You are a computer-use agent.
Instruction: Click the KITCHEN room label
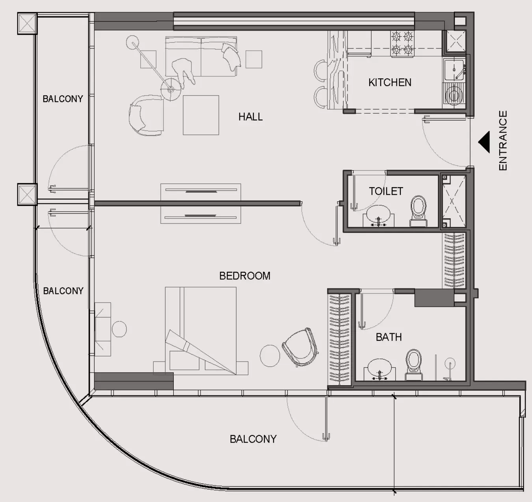click(x=390, y=82)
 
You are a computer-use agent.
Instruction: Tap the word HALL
click(x=250, y=116)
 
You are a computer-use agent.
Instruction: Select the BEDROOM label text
click(x=245, y=275)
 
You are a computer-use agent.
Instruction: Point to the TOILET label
click(x=386, y=191)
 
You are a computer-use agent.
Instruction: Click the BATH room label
click(x=389, y=337)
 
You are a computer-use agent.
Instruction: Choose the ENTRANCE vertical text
click(x=503, y=140)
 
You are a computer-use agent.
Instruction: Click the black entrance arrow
click(x=484, y=142)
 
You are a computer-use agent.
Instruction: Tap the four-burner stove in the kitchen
click(x=402, y=43)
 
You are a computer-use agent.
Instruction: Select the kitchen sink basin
click(x=454, y=70)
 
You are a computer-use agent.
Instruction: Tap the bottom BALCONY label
click(x=253, y=439)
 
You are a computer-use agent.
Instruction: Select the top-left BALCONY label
click(x=63, y=98)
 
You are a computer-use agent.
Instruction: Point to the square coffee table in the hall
click(x=201, y=115)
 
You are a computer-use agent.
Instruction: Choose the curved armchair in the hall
click(x=146, y=115)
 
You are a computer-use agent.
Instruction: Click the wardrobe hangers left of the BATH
click(x=339, y=339)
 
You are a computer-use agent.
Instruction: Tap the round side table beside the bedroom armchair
click(x=270, y=355)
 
